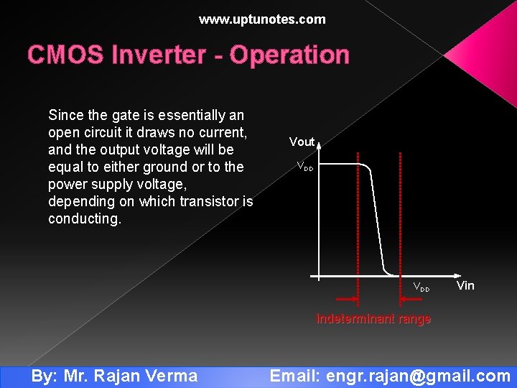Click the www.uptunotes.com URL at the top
pos(262,19)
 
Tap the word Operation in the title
pos(289,55)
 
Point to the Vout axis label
pos(302,142)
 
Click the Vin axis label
pos(465,286)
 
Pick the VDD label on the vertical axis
pos(305,167)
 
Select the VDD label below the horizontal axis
pos(421,287)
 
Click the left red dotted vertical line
pos(358,216)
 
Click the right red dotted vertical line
pos(400,216)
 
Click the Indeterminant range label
pos(373,319)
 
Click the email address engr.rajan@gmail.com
pos(419,376)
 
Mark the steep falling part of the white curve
pos(378,223)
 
